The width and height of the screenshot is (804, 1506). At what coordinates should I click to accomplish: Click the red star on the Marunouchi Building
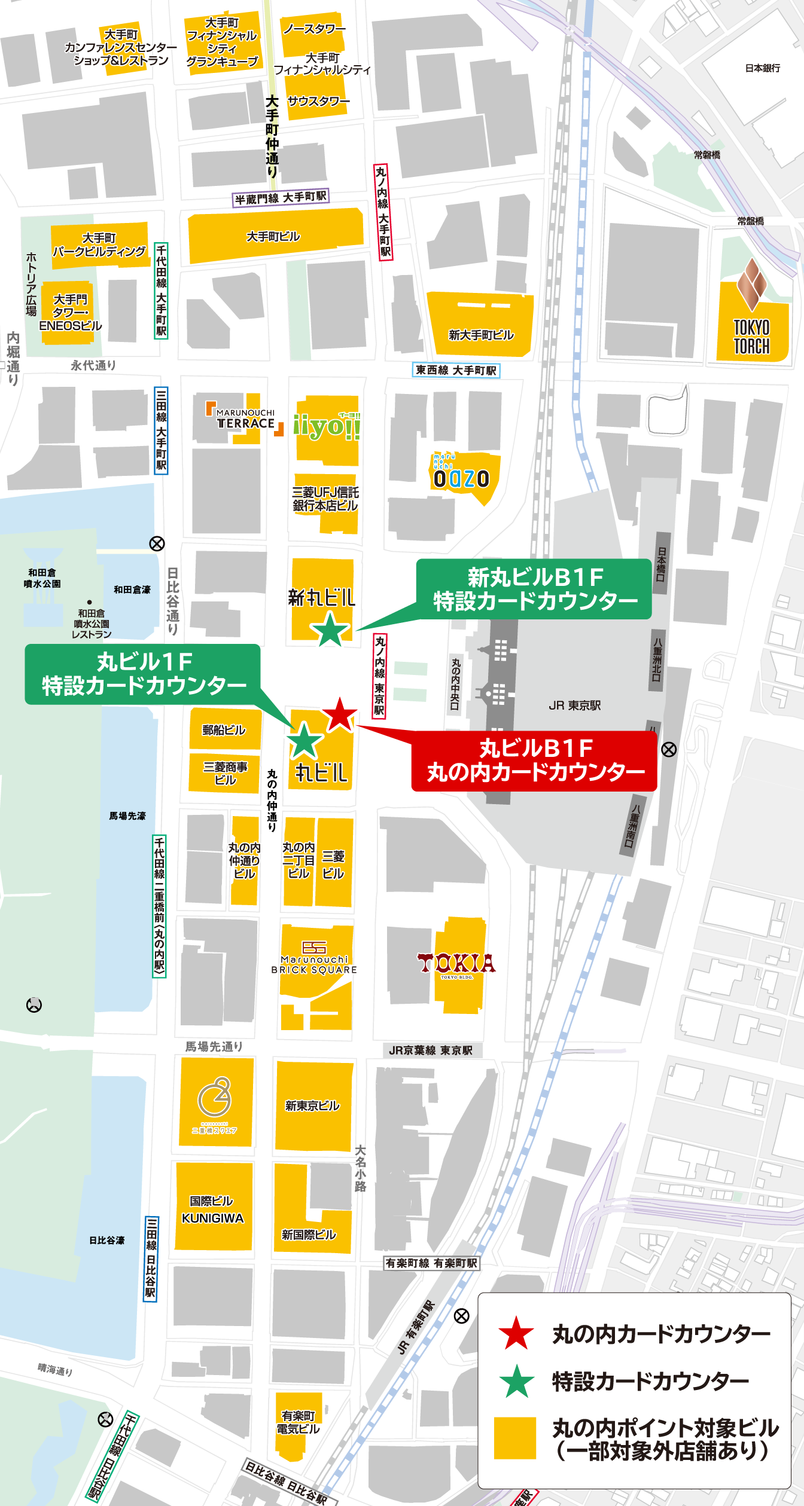click(x=340, y=714)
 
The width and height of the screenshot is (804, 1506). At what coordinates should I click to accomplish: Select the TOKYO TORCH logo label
click(x=752, y=336)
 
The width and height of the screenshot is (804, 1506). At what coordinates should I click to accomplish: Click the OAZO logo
click(x=461, y=477)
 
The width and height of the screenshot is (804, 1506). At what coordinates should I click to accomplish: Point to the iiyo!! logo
click(x=327, y=426)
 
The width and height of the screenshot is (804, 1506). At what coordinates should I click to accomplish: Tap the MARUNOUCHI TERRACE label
click(x=245, y=419)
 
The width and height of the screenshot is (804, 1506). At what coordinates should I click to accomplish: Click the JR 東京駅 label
click(x=574, y=705)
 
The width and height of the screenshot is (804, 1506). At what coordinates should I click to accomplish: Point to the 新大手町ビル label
click(x=481, y=335)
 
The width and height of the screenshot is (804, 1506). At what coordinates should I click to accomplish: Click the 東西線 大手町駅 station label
click(x=456, y=371)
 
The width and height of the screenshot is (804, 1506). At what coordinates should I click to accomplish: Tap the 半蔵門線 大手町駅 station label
click(x=281, y=198)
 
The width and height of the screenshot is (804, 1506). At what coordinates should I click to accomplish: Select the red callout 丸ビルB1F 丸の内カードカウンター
click(x=535, y=760)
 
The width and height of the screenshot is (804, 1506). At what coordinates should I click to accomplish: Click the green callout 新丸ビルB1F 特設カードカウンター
click(x=534, y=589)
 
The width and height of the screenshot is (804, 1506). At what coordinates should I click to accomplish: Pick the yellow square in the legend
click(x=514, y=1438)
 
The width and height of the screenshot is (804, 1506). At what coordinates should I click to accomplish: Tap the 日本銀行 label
click(x=762, y=68)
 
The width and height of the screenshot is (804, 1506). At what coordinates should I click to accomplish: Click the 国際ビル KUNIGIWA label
click(x=212, y=1209)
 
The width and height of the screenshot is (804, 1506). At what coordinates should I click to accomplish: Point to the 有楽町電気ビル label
click(x=298, y=1422)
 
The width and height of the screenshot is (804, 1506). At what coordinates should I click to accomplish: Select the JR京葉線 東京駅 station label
click(x=431, y=1050)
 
